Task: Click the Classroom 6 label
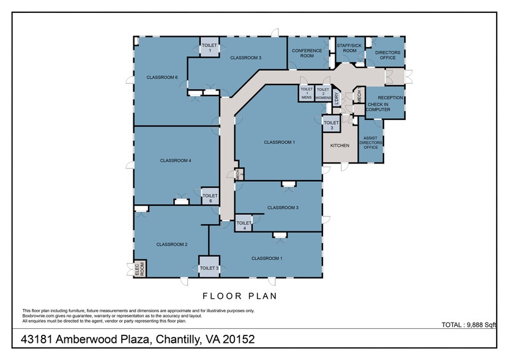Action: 162,78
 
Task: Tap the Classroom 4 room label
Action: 176,160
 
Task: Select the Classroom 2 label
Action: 171,244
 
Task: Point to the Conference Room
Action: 302,53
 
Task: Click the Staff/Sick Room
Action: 349,48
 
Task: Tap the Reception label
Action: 390,98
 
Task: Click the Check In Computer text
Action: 378,107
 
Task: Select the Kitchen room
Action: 340,146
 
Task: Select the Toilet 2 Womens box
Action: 323,94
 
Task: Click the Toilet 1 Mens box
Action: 307,94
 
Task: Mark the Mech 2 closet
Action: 240,174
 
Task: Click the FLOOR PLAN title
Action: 239,296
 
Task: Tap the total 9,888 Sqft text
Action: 469,324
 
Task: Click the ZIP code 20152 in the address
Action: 236,339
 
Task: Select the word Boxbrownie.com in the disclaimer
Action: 40,316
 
